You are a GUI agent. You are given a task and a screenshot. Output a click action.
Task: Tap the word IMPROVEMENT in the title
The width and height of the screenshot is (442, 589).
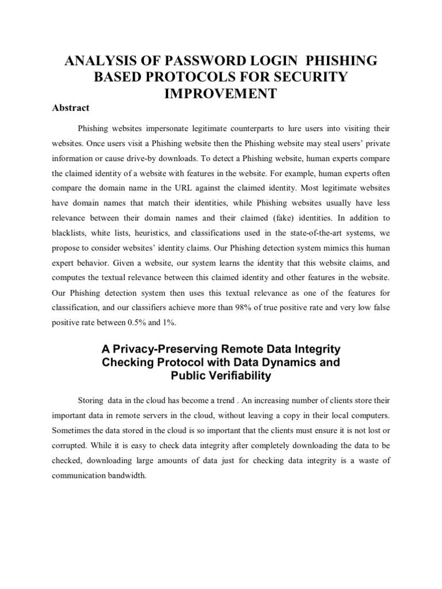(x=221, y=93)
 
